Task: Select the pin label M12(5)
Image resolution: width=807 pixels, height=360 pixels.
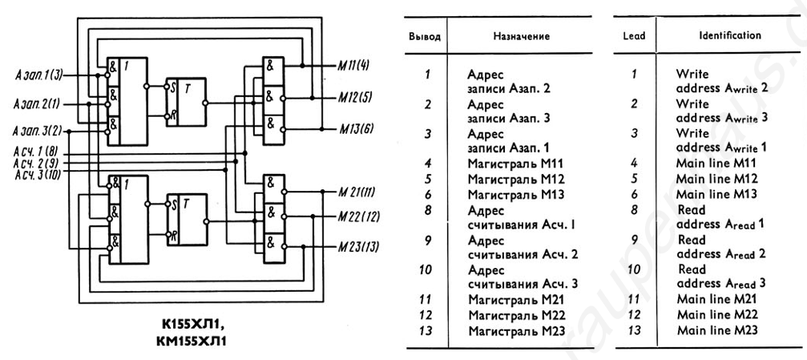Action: (355, 97)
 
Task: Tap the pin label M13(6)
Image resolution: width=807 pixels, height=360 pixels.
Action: (355, 128)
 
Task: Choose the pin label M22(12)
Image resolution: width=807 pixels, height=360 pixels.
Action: (359, 216)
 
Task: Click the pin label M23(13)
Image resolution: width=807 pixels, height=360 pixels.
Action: (359, 245)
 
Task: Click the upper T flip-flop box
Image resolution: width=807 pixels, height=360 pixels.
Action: (184, 100)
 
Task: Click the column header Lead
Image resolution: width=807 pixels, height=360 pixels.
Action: (633, 36)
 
